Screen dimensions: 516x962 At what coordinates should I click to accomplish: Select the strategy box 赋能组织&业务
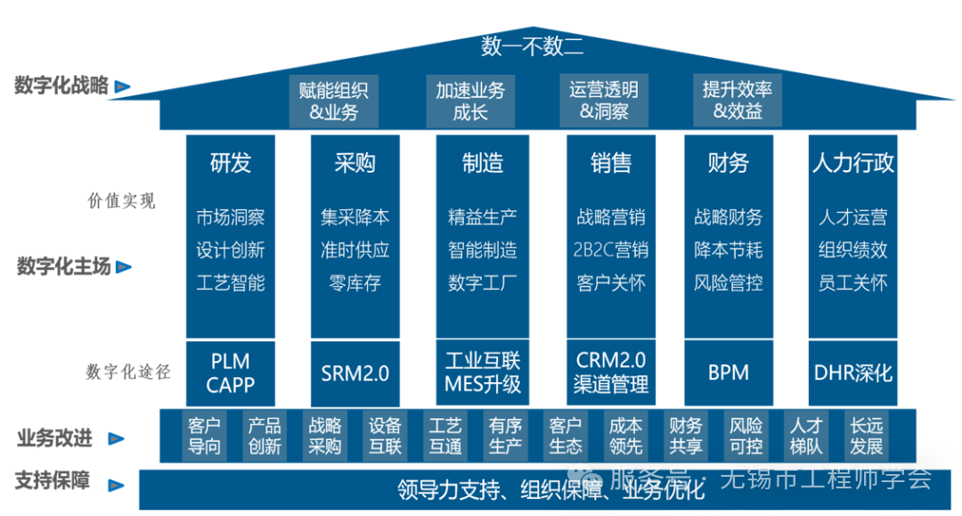[334, 101]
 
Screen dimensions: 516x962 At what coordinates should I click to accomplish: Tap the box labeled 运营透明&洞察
[604, 101]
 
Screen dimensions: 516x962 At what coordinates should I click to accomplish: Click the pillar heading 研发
[231, 163]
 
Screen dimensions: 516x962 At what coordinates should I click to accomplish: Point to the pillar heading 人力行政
[852, 163]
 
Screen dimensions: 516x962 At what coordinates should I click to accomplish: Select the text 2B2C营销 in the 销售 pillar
[611, 250]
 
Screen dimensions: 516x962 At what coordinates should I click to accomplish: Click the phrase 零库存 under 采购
[355, 283]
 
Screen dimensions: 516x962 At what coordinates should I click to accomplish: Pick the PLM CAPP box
[231, 373]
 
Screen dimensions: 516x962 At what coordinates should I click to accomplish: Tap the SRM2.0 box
[355, 373]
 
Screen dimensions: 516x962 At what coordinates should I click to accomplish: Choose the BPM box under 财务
[728, 373]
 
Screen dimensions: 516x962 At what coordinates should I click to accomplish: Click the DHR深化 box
[852, 373]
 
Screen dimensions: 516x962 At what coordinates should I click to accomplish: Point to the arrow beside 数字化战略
[123, 87]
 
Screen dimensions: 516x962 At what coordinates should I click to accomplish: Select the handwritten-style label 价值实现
[121, 201]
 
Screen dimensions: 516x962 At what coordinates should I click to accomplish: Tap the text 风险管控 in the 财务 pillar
[728, 283]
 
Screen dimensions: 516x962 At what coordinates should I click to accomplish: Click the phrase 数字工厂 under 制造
[482, 283]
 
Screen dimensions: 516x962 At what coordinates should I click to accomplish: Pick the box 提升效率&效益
[738, 101]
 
